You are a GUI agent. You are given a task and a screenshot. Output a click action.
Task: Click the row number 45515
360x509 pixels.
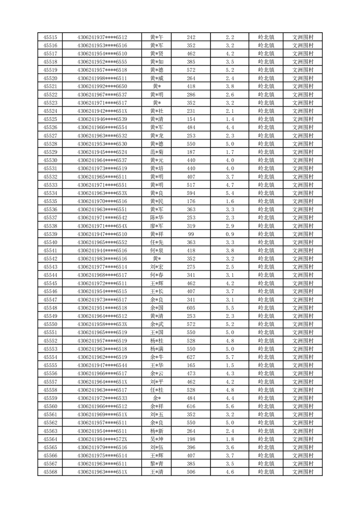[50, 37]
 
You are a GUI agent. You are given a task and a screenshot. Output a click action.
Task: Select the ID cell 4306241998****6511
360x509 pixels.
[102, 78]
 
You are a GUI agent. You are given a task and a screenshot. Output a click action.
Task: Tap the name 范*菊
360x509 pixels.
[157, 152]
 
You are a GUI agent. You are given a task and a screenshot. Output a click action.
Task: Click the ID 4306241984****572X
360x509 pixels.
[102, 439]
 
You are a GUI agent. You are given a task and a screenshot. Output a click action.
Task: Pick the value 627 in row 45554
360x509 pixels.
[191, 357]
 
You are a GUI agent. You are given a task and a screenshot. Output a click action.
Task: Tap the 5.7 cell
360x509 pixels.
[229, 357]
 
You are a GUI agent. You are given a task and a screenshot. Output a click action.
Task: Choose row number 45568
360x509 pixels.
[50, 472]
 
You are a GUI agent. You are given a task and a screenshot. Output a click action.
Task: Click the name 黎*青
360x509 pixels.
[157, 464]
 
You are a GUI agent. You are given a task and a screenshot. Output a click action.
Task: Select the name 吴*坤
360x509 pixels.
[157, 439]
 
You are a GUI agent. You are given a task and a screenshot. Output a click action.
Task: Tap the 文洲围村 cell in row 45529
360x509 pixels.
[303, 152]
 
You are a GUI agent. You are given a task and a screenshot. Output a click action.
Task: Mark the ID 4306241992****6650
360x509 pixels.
[102, 87]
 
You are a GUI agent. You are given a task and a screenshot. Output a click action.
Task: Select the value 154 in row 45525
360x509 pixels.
[191, 119]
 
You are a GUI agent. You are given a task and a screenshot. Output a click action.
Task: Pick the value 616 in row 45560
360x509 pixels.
[191, 406]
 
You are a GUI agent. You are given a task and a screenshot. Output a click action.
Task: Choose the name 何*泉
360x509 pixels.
[157, 250]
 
